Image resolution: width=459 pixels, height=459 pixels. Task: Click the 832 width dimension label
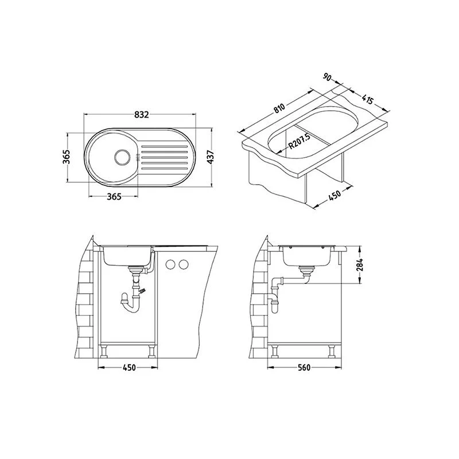click(x=142, y=114)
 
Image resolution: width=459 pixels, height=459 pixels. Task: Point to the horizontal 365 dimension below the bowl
click(x=114, y=197)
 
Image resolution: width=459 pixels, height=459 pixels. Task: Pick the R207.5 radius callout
click(x=299, y=141)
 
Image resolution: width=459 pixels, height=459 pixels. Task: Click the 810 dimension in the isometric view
click(x=279, y=108)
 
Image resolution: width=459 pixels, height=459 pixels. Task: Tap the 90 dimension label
click(x=327, y=77)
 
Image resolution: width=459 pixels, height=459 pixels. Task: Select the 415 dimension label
click(x=368, y=99)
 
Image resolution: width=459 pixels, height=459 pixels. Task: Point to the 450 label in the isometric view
click(x=334, y=195)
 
